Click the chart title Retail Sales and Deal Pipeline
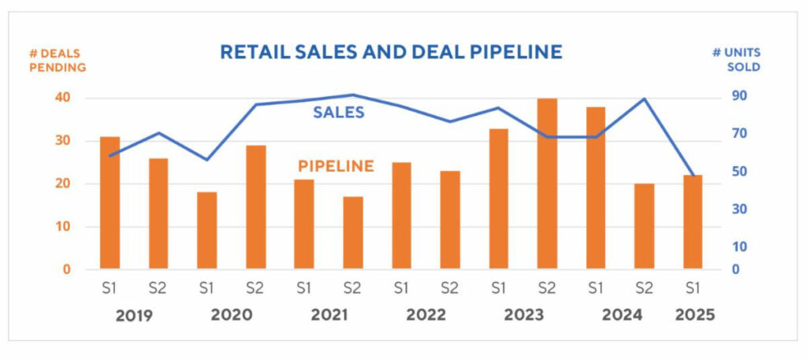pyautogui.click(x=391, y=53)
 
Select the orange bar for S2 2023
pyautogui.click(x=547, y=184)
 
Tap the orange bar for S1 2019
pyautogui.click(x=110, y=202)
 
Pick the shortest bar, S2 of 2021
pyautogui.click(x=353, y=232)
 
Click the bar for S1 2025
pyautogui.click(x=693, y=222)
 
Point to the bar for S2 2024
pyautogui.click(x=644, y=226)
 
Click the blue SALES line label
pyautogui.click(x=339, y=113)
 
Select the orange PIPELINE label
pyautogui.click(x=336, y=167)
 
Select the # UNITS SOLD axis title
pyautogui.click(x=737, y=60)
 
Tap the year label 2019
pyautogui.click(x=135, y=316)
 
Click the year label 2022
pyautogui.click(x=426, y=316)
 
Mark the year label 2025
pyautogui.click(x=694, y=316)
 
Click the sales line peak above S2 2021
pyautogui.click(x=353, y=95)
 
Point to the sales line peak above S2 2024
pyautogui.click(x=645, y=99)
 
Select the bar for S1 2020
pyautogui.click(x=207, y=230)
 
